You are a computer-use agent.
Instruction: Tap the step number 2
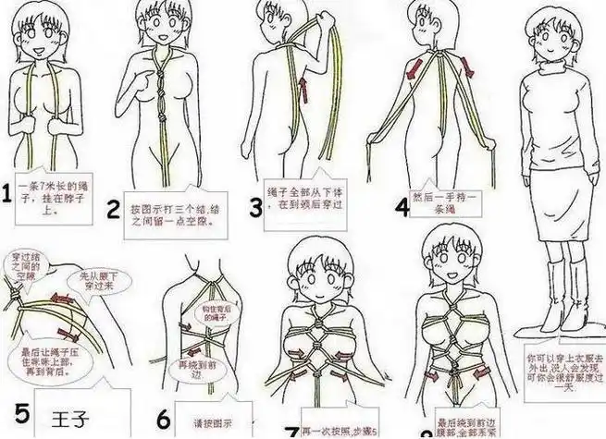tap(115, 209)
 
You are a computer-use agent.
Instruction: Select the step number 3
tap(255, 204)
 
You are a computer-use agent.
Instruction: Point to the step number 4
tap(400, 205)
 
